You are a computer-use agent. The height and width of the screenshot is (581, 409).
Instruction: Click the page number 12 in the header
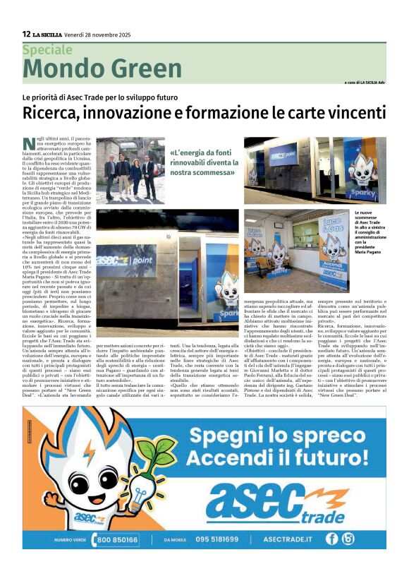(x=26, y=34)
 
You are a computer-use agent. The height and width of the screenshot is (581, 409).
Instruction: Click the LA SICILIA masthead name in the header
(x=47, y=34)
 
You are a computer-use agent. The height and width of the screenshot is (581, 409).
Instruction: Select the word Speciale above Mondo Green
(x=47, y=50)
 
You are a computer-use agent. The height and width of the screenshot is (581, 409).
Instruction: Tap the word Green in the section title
(x=145, y=68)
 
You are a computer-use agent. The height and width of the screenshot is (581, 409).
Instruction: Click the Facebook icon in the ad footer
(x=332, y=539)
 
